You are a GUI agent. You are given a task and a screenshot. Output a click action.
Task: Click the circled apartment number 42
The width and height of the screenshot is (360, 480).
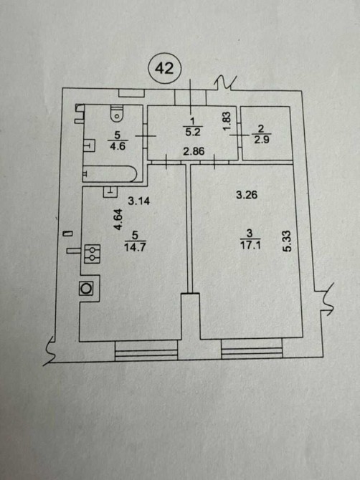[165, 68]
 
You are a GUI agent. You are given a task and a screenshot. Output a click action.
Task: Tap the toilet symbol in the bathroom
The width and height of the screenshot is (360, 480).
[116, 113]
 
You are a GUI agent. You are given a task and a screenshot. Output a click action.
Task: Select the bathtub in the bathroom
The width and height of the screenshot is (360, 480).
[110, 173]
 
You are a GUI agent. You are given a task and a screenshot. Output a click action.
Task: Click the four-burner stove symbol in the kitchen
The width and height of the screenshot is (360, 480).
[93, 254]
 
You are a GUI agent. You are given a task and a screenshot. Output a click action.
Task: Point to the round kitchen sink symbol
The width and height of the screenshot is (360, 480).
[86, 289]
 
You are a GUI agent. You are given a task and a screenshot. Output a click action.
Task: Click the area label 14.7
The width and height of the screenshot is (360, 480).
[135, 246]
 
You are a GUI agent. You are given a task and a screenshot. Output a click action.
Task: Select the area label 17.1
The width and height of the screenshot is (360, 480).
[250, 245]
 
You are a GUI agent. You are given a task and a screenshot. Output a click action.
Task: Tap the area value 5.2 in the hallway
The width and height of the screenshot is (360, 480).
[192, 132]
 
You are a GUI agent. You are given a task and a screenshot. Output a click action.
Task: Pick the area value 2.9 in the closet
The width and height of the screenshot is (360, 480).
[261, 140]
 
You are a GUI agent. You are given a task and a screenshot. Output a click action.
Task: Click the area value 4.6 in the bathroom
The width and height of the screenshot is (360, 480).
[118, 145]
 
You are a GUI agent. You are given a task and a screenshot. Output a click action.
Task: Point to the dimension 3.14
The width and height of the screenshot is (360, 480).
[139, 201]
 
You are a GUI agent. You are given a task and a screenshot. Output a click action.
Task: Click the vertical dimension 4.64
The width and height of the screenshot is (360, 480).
[118, 219]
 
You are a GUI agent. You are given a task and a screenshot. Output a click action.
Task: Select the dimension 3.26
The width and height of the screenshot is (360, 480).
[247, 195]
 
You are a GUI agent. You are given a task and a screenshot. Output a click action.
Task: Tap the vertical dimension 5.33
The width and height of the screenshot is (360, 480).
[287, 241]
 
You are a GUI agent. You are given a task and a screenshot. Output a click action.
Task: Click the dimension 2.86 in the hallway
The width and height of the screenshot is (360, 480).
[194, 151]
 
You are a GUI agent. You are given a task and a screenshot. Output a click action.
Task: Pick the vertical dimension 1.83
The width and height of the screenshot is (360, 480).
[227, 120]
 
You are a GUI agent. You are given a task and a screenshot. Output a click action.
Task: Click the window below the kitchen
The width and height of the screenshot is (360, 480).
[146, 351]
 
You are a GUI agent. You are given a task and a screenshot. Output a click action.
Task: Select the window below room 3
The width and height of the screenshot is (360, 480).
[252, 348]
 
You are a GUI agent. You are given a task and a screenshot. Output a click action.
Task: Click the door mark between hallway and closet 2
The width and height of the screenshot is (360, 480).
[240, 135]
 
